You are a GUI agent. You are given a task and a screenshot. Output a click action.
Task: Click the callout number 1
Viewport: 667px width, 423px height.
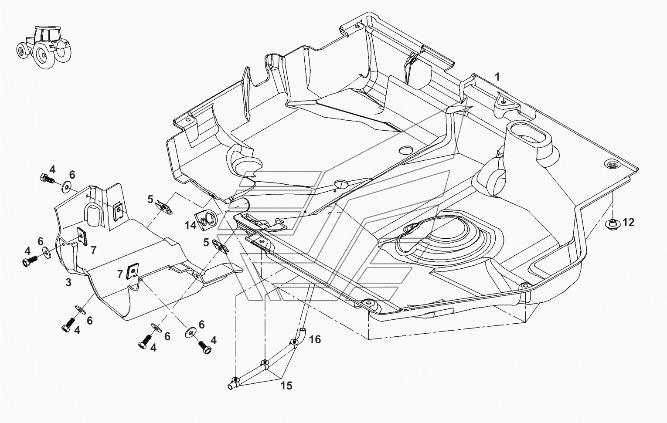pyautogui.click(x=497, y=77)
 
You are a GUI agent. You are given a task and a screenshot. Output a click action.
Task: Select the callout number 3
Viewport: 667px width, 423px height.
pyautogui.click(x=68, y=282)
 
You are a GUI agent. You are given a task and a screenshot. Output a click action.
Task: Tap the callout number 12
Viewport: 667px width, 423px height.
pyautogui.click(x=628, y=223)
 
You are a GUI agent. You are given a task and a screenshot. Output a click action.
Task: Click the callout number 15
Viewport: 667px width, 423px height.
pyautogui.click(x=286, y=386)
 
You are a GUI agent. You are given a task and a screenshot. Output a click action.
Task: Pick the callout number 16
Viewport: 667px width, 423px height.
pyautogui.click(x=315, y=339)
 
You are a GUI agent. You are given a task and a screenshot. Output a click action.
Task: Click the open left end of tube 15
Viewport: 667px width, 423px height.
pyautogui.click(x=230, y=386)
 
